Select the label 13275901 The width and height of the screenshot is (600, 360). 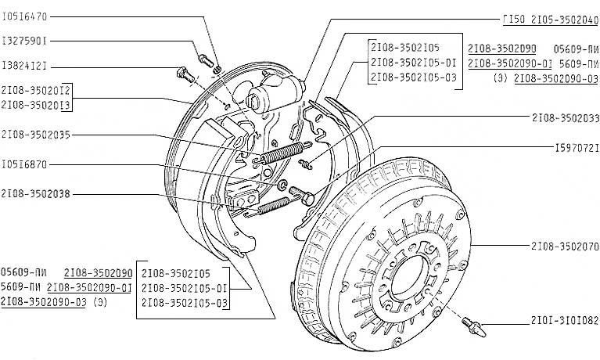[24, 39]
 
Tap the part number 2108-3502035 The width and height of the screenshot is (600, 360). [37, 134]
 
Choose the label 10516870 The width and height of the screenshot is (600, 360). [24, 164]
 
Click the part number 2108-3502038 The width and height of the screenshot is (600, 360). [37, 193]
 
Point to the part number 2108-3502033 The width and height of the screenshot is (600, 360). [565, 118]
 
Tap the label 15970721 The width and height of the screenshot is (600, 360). [577, 147]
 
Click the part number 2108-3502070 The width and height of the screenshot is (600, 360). [565, 246]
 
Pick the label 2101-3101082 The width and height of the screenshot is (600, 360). [565, 320]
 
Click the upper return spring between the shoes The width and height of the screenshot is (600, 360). [282, 153]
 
